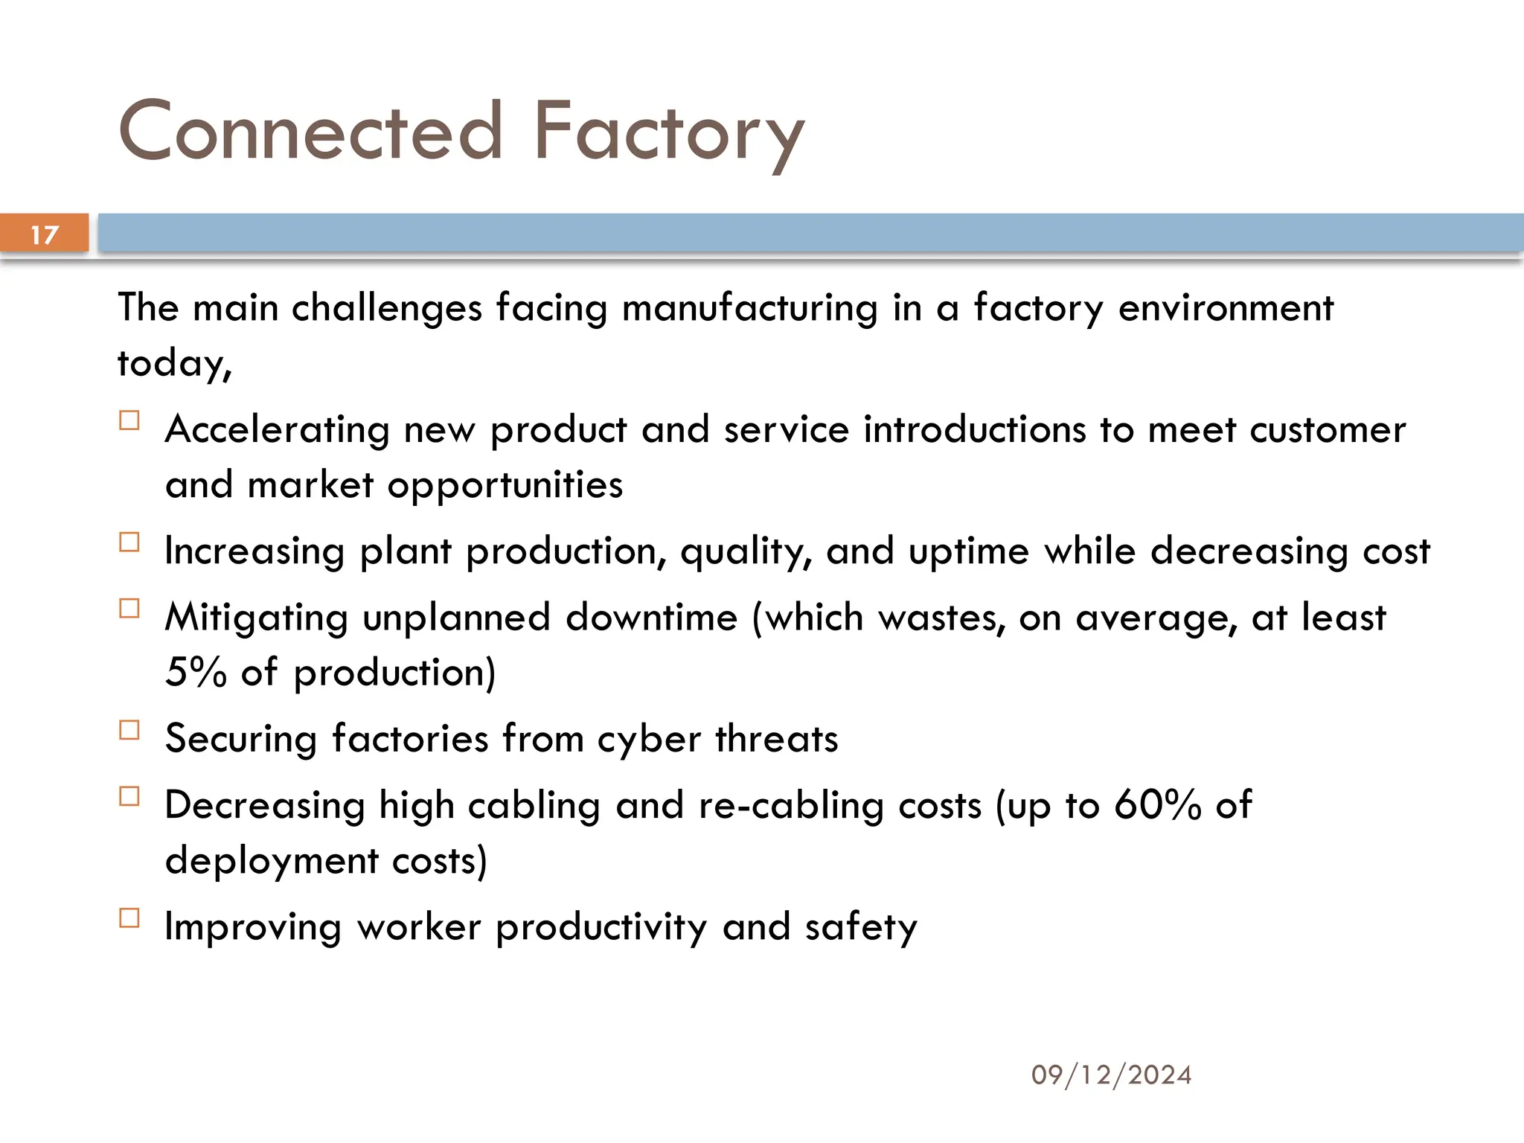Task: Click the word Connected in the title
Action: (311, 132)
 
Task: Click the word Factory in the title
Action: (668, 134)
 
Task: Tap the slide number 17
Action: (45, 234)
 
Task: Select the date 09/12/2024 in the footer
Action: (1111, 1075)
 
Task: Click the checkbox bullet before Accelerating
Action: (129, 421)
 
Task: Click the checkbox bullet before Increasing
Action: (129, 542)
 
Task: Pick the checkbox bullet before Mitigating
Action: (129, 609)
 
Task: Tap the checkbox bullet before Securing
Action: (129, 730)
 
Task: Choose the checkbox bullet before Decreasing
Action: (129, 797)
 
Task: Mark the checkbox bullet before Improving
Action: (129, 918)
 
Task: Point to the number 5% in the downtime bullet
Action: (196, 672)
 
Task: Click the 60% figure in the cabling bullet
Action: (1157, 804)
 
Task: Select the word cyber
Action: (649, 740)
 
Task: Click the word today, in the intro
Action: (175, 364)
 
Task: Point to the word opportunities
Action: (505, 486)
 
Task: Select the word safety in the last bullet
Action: (860, 927)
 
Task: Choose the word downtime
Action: (651, 618)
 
